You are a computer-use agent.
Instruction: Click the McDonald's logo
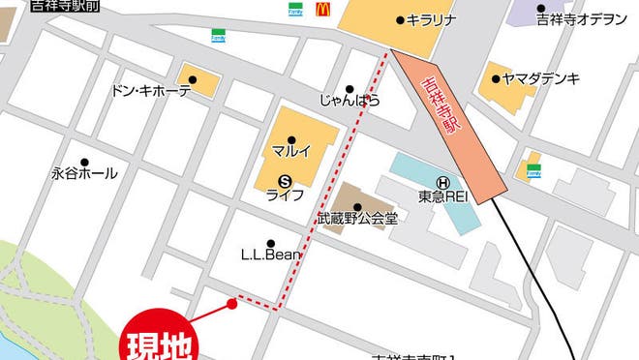click(x=322, y=10)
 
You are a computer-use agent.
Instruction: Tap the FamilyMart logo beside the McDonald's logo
click(x=293, y=10)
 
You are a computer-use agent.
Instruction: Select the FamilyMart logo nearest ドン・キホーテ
click(x=219, y=36)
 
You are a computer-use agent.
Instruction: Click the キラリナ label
click(x=431, y=19)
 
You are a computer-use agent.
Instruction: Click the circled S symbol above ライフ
click(x=285, y=179)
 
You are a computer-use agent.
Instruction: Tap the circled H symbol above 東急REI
click(x=442, y=181)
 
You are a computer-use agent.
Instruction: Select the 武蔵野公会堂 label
click(x=357, y=220)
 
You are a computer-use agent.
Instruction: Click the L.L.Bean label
click(x=271, y=255)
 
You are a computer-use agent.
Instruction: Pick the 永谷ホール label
click(x=84, y=173)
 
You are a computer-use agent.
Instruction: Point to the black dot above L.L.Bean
click(x=270, y=243)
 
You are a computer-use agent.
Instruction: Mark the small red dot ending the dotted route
click(x=231, y=304)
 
